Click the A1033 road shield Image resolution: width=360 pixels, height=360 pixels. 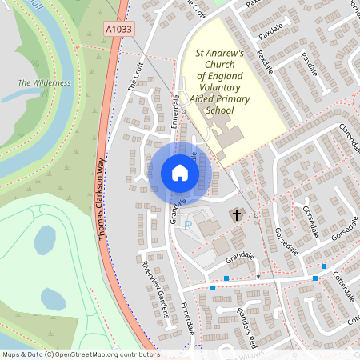pyautogui.click(x=119, y=29)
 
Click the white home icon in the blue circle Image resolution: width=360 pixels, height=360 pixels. pyautogui.click(x=180, y=172)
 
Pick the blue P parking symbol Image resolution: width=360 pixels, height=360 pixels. pyautogui.click(x=188, y=226)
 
